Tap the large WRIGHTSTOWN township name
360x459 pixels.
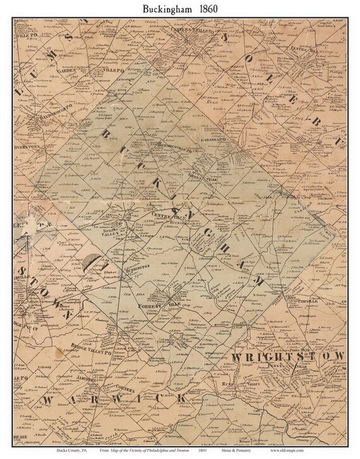coord(287,357)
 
